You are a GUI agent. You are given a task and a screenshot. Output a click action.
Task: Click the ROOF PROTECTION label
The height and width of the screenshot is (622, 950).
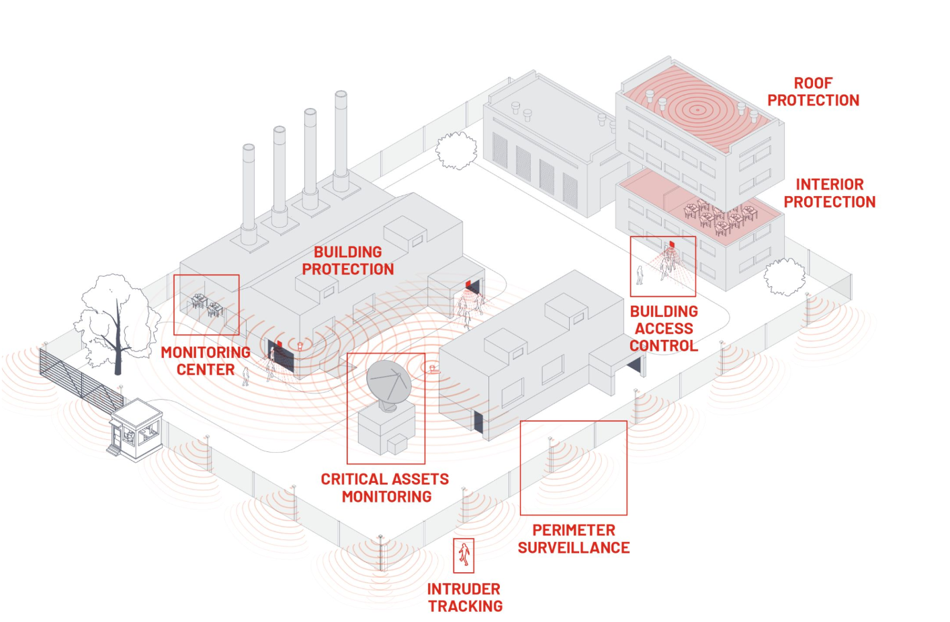tap(813, 92)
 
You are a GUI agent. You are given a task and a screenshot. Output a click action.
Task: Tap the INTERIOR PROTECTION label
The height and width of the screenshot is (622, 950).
tap(829, 193)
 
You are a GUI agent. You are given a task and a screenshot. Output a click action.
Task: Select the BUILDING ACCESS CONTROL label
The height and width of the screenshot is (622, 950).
tap(664, 328)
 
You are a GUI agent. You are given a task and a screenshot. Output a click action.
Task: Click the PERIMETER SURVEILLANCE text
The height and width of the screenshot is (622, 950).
tap(574, 539)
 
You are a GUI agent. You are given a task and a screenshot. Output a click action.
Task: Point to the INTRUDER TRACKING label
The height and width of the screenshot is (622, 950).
tap(464, 598)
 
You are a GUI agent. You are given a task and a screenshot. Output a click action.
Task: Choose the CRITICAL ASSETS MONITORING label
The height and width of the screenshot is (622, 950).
tap(385, 488)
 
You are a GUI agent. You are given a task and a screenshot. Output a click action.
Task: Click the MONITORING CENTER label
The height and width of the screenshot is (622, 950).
tap(206, 361)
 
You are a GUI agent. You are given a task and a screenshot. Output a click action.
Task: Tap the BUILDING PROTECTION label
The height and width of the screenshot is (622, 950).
tap(348, 261)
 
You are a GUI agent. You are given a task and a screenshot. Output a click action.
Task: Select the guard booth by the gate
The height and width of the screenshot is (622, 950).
tap(136, 430)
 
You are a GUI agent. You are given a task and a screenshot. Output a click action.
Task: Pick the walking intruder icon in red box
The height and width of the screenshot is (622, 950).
tap(464, 556)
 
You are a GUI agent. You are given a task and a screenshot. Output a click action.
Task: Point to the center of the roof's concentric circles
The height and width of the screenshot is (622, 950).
tap(697, 109)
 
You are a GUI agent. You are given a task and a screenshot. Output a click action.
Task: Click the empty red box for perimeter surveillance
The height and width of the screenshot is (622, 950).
tap(573, 468)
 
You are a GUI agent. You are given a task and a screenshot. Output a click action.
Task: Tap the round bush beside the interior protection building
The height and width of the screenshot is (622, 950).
tap(785, 277)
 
